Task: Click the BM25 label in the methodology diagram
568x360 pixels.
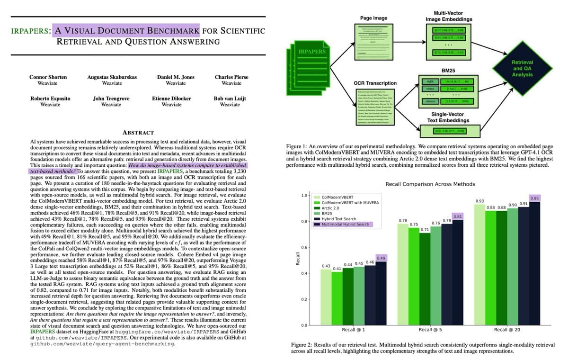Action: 448,70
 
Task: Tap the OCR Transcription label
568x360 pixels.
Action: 375,83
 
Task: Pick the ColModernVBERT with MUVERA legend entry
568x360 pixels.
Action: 351,202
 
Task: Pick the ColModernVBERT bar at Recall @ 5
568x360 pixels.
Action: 403,275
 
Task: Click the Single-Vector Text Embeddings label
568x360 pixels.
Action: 448,117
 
